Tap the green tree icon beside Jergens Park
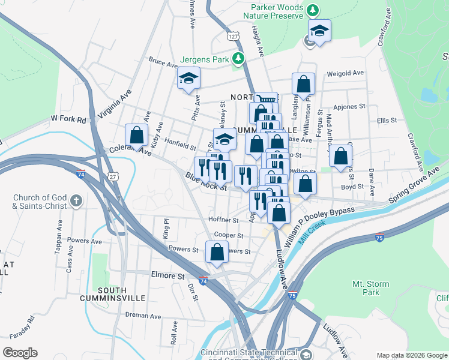pyautogui.click(x=239, y=58)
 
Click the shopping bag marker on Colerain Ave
pyautogui.click(x=137, y=136)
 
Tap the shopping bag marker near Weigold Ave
pyautogui.click(x=303, y=85)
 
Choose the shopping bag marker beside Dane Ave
pyautogui.click(x=340, y=157)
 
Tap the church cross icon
pyautogui.click(x=76, y=200)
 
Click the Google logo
pyautogui.click(x=20, y=353)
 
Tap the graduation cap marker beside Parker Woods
pyautogui.click(x=320, y=31)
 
